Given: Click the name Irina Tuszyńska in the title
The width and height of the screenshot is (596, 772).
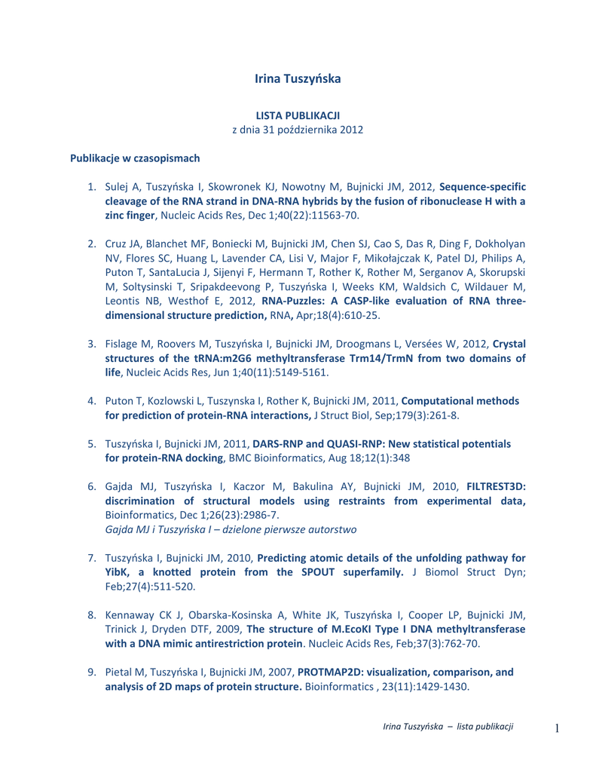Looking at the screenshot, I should pyautogui.click(x=298, y=78).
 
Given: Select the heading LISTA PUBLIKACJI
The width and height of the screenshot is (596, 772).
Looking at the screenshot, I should pyautogui.click(x=298, y=115).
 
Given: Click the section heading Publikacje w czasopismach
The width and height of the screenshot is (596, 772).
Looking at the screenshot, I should pyautogui.click(x=135, y=158).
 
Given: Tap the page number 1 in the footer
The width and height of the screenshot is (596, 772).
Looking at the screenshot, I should pyautogui.click(x=557, y=728).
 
